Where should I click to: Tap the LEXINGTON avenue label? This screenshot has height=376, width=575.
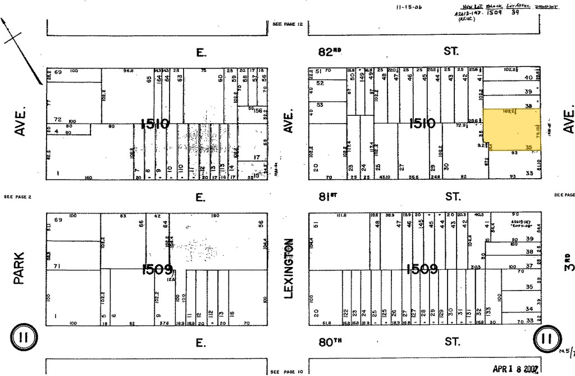tap(289, 269)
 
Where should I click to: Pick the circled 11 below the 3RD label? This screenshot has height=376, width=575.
tap(546, 338)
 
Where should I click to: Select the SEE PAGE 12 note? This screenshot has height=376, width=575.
tap(287, 24)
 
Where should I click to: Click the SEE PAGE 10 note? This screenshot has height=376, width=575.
tap(286, 372)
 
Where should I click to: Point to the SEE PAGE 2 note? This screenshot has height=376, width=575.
tap(19, 197)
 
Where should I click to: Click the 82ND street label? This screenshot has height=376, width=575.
tap(330, 52)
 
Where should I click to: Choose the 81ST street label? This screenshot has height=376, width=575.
tap(330, 196)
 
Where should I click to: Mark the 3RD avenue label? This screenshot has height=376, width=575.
tap(567, 262)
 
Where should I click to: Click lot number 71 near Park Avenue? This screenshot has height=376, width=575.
tap(57, 265)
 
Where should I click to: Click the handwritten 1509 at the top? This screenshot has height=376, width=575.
tap(493, 12)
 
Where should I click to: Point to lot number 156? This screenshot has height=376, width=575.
tap(259, 111)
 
